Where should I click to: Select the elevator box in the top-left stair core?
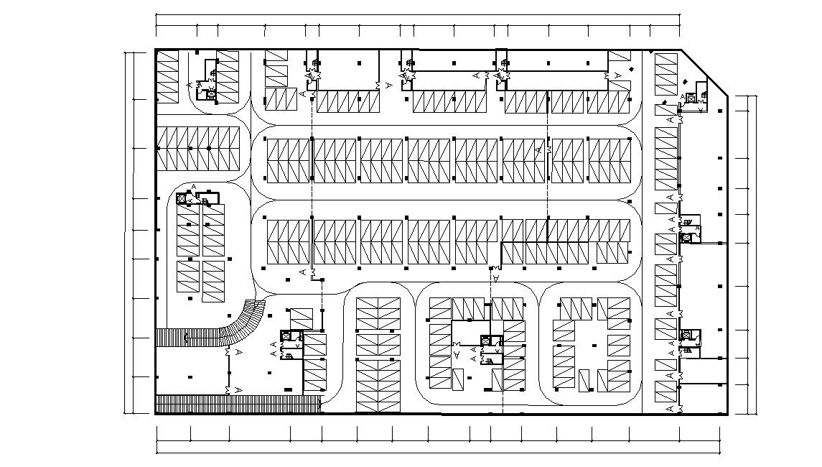point(211,94)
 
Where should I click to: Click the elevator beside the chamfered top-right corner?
point(691,98)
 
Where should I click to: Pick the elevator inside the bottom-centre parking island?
point(487,341)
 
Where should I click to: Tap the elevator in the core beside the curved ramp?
point(286,336)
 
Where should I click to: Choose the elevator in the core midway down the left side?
point(182,197)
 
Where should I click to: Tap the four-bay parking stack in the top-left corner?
point(167,78)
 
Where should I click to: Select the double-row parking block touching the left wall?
point(199,149)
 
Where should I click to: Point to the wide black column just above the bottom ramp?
point(288,389)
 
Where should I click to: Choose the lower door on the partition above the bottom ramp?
point(229,389)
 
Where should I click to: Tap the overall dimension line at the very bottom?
point(438,452)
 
